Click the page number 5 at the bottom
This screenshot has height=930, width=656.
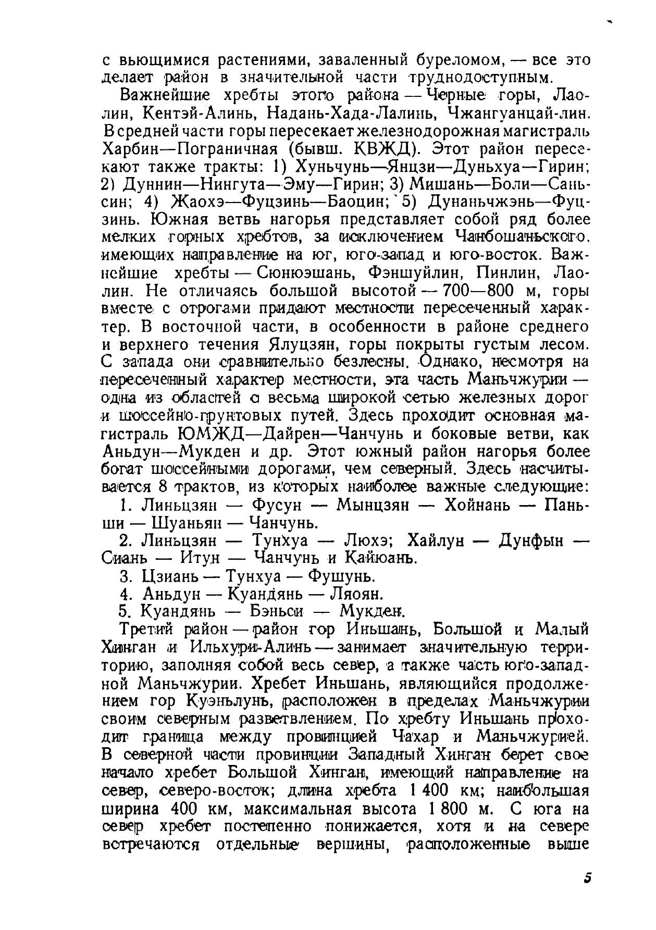(587, 878)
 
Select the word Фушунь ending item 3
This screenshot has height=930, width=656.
(341, 576)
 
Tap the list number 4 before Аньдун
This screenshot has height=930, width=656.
(124, 594)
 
